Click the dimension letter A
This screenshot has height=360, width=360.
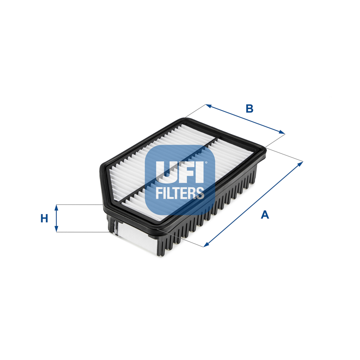(x=265, y=215)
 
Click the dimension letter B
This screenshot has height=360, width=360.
(x=249, y=109)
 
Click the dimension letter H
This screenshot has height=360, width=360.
(x=44, y=218)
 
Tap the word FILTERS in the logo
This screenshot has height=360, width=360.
(x=180, y=193)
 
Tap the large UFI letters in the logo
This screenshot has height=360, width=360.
(x=180, y=172)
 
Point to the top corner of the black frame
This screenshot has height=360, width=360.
(x=185, y=119)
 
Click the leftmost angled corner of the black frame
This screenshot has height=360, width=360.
(x=101, y=168)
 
